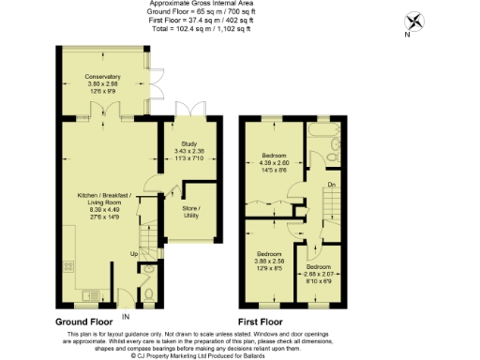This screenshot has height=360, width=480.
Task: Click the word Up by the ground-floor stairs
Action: [x=134, y=253]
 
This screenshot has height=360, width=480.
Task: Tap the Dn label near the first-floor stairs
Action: [x=331, y=186]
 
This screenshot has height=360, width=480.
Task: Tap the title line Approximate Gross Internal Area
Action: [x=239, y=5]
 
